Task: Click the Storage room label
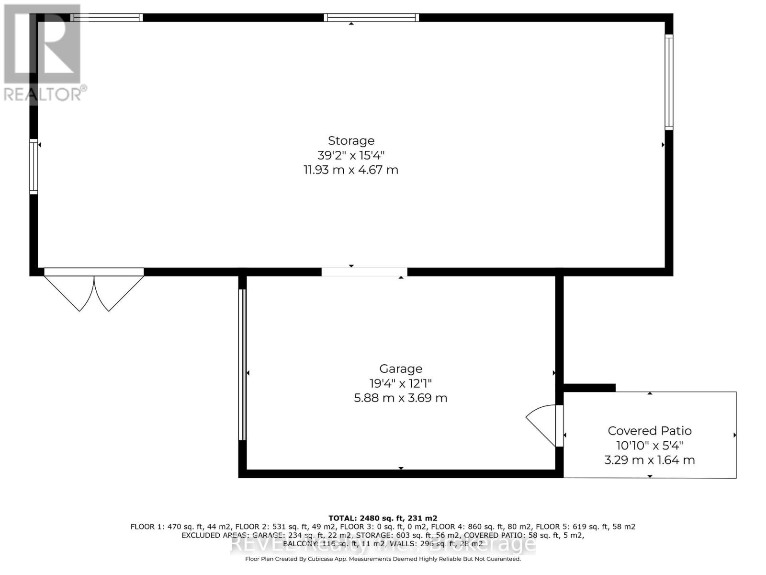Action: click(x=351, y=140)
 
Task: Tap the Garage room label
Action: click(x=401, y=368)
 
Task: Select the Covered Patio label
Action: click(x=650, y=430)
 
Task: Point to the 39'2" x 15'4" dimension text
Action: click(x=351, y=155)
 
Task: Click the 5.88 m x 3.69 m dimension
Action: click(x=401, y=398)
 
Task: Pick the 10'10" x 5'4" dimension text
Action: click(x=650, y=445)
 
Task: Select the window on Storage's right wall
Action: click(x=669, y=82)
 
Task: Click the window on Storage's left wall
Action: click(x=34, y=166)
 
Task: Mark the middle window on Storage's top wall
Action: click(x=371, y=18)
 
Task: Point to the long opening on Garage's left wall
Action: click(x=243, y=364)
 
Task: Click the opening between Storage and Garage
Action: click(x=364, y=272)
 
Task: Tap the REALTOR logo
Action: click(x=43, y=53)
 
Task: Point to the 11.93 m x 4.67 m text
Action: click(x=351, y=170)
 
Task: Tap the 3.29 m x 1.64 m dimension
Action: click(x=650, y=460)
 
